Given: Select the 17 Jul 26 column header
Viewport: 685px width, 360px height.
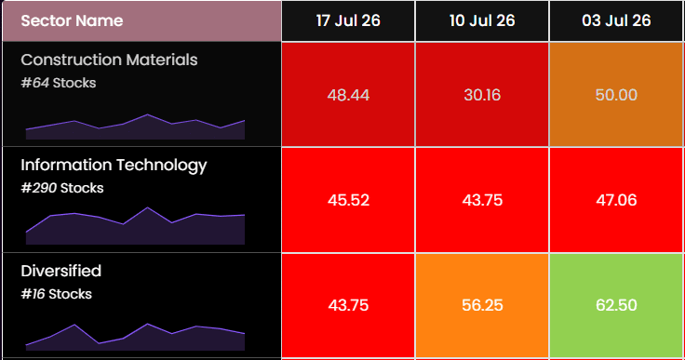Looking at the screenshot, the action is pyautogui.click(x=348, y=21).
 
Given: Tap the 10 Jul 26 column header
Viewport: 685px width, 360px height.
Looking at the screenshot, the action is pyautogui.click(x=482, y=21).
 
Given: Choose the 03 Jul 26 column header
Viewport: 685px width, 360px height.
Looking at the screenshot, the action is pyautogui.click(x=616, y=21).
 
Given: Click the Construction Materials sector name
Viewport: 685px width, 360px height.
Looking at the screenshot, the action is pyautogui.click(x=109, y=60).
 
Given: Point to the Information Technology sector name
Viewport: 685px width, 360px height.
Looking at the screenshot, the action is pyautogui.click(x=114, y=166).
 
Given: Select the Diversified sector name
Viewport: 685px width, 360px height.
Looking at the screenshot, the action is pyautogui.click(x=61, y=271).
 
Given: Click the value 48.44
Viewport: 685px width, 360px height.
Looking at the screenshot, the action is pyautogui.click(x=348, y=94).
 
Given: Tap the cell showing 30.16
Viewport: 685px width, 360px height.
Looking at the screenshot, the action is pyautogui.click(x=482, y=94).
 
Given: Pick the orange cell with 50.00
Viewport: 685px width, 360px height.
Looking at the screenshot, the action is pyautogui.click(x=616, y=94).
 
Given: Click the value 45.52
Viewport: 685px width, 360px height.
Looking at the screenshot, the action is pyautogui.click(x=348, y=200).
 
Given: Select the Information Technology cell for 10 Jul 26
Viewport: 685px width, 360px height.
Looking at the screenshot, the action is pyautogui.click(x=482, y=200).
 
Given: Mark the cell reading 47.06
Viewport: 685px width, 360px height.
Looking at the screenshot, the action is pyautogui.click(x=616, y=200).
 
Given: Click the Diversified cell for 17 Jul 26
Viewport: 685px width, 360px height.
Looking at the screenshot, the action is pyautogui.click(x=348, y=305).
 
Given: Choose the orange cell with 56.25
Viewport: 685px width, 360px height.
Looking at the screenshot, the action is pyautogui.click(x=482, y=305).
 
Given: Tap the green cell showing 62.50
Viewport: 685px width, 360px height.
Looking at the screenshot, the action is pyautogui.click(x=616, y=305).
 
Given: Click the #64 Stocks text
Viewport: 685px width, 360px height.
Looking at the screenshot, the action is pyautogui.click(x=59, y=83).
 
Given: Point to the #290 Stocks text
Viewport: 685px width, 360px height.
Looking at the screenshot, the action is pyautogui.click(x=62, y=188).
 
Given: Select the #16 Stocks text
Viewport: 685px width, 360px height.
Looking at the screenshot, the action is pyautogui.click(x=57, y=294).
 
